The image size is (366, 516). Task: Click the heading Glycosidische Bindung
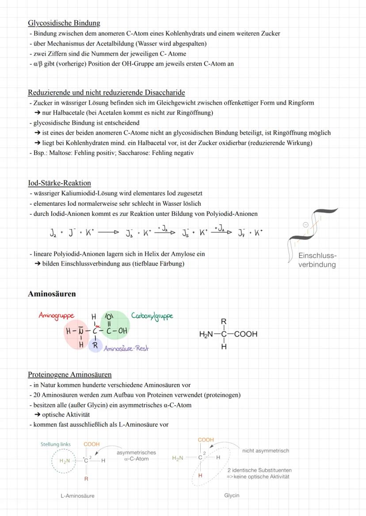(64, 23)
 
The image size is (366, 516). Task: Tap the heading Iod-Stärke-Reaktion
(59, 183)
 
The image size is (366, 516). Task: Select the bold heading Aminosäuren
(52, 294)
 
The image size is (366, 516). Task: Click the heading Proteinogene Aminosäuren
(69, 375)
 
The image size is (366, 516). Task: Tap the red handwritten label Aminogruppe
(56, 316)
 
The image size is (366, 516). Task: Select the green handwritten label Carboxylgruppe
(152, 316)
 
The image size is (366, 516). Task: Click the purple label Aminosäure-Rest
(126, 348)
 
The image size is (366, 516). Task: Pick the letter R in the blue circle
(95, 345)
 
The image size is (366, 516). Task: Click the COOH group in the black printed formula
(246, 334)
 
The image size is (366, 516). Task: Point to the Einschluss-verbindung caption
(317, 260)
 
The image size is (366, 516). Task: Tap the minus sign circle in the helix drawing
(305, 225)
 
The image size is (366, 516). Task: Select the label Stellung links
(56, 444)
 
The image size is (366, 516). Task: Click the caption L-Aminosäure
(77, 496)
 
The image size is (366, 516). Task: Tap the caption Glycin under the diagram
(232, 495)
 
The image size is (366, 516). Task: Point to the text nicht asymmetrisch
(266, 451)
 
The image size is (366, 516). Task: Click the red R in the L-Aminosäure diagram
(86, 478)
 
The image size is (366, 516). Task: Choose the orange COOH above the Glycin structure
(206, 440)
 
